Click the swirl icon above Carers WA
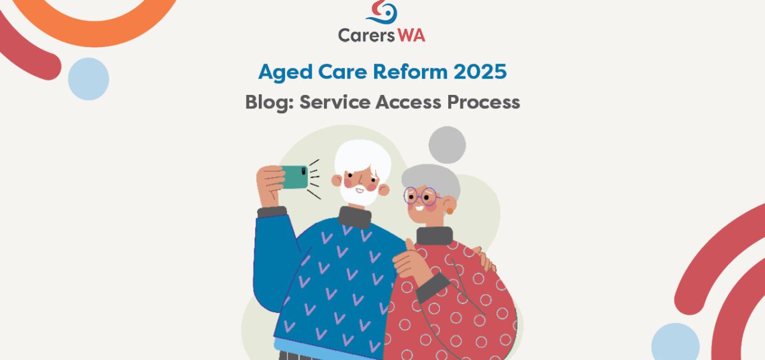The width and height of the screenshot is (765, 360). coord(382,12)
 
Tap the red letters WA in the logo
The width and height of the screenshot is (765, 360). coord(412,36)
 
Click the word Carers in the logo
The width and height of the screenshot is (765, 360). coord(366,36)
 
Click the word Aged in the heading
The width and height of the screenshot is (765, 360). coord(286,73)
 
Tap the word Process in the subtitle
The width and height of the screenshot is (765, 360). coord(484,102)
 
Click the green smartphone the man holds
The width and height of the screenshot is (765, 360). coord(294,177)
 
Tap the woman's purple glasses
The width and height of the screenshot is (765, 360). coord(420,196)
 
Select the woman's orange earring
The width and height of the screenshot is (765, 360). coord(450,211)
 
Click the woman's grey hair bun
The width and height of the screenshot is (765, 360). coord(447,145)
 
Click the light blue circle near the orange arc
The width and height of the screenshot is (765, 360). coord(89,79)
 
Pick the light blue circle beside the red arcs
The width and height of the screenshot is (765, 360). coord(675,342)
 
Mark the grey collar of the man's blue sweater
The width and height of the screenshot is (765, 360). coord(355,218)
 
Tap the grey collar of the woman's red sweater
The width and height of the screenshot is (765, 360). coord(435,236)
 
